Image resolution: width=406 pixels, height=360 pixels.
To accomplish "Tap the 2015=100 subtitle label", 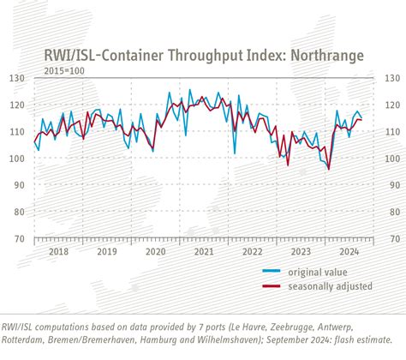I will (x=64, y=69).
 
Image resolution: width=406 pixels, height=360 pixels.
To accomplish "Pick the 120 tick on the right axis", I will (x=390, y=105).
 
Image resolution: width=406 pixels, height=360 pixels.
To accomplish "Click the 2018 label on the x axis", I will (x=59, y=252).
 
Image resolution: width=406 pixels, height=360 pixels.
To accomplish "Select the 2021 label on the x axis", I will (x=204, y=252).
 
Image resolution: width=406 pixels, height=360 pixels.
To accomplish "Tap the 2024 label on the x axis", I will (x=349, y=252).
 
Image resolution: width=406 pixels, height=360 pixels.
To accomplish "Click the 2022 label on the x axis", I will (x=252, y=252).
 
